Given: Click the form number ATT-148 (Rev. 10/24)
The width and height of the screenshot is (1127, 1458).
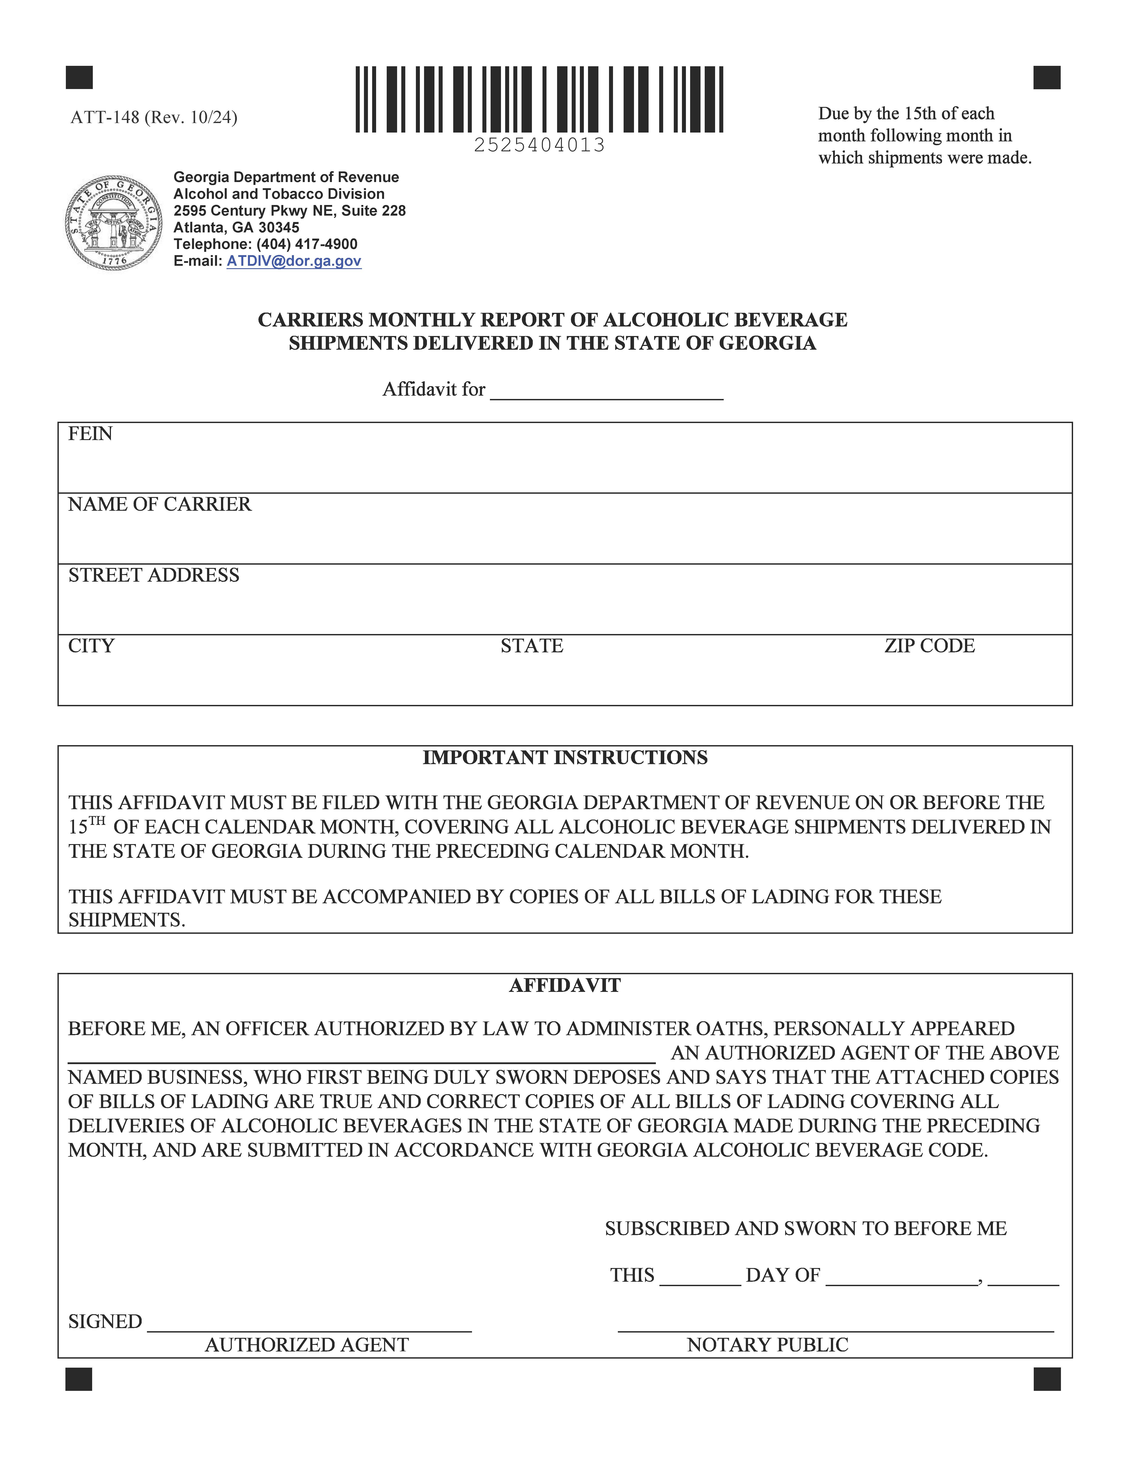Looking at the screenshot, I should click(154, 118).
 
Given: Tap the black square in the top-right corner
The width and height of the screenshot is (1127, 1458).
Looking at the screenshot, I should click(1046, 78).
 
